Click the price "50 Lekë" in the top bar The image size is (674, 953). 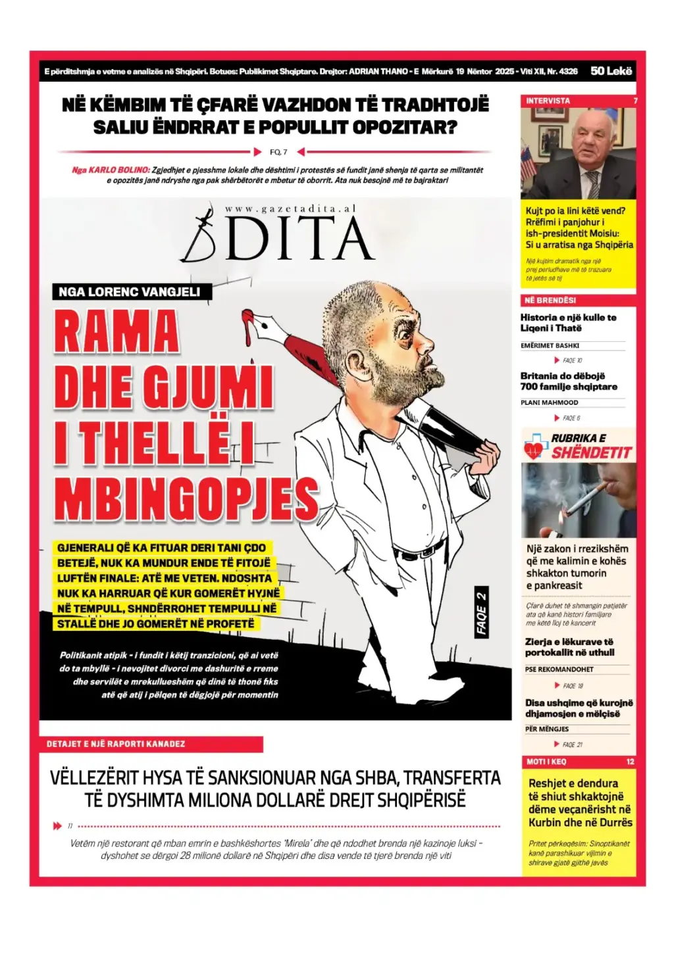click(x=611, y=71)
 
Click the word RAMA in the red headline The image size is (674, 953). click(x=117, y=332)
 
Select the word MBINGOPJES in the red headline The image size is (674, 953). click(x=186, y=499)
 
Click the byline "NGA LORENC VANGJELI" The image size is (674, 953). click(x=129, y=292)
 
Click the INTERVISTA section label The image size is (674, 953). click(x=548, y=101)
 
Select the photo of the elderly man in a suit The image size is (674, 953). click(x=578, y=153)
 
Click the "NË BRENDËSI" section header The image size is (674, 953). click(x=550, y=301)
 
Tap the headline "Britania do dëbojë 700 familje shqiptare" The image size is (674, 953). click(x=569, y=381)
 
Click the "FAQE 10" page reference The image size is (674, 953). click(x=572, y=360)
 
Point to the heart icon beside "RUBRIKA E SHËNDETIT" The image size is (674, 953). click(x=535, y=447)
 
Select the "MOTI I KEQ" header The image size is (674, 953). click(x=546, y=762)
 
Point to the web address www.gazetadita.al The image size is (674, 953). click(x=290, y=208)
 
